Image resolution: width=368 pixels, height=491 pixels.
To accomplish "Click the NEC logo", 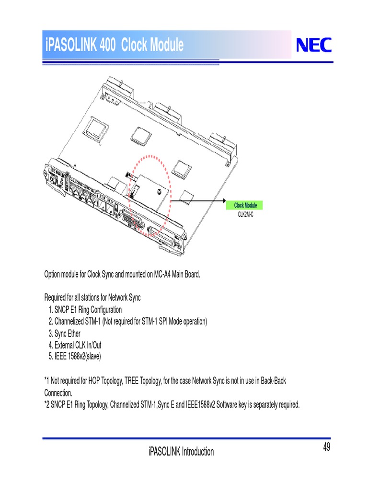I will click(313, 46).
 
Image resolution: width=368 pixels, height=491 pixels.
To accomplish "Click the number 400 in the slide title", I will click(110, 46).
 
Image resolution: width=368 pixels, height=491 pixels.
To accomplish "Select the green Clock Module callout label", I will click(245, 205).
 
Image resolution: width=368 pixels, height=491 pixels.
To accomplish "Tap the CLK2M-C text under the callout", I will click(245, 214).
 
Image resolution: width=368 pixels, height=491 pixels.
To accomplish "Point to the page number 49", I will click(326, 448).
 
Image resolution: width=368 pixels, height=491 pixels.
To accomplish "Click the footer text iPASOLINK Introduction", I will click(181, 452).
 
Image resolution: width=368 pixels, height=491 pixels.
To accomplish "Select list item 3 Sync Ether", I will click(65, 333).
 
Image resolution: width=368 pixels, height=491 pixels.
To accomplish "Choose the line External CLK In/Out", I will click(75, 345).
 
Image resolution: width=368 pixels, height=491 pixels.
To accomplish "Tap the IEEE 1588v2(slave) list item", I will click(75, 357).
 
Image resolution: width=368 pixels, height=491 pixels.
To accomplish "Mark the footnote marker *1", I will click(47, 381).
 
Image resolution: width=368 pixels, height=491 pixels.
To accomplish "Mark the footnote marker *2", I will click(47, 405).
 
